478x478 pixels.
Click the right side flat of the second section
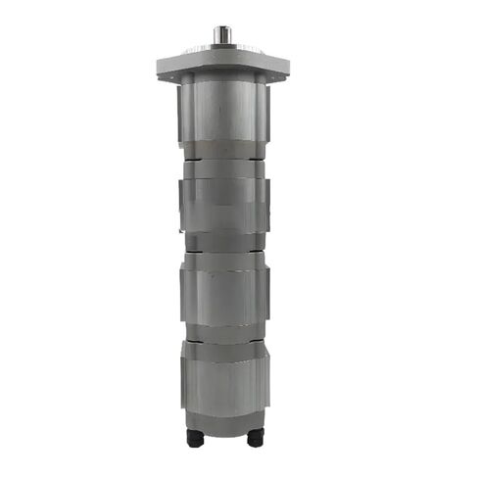[264, 206]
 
